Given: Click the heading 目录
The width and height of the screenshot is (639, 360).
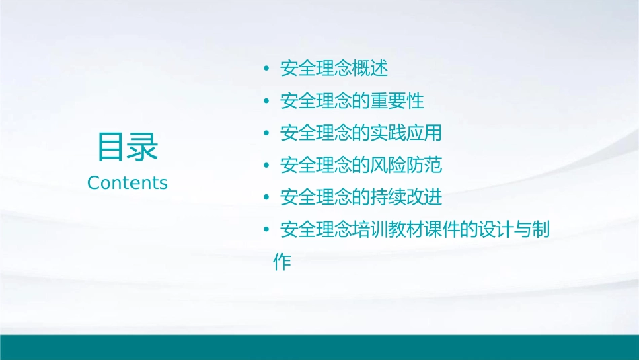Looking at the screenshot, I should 128,147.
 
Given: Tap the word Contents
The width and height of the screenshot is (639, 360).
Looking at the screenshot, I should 128,183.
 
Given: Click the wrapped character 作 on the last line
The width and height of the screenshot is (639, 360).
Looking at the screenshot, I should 283,262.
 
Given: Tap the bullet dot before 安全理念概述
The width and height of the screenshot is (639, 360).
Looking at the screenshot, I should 267,69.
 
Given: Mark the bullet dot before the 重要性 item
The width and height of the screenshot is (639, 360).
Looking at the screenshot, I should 267,102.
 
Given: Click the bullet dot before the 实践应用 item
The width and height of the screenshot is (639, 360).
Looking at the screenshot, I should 267,134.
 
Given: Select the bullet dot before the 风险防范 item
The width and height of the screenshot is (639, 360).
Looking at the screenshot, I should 267,166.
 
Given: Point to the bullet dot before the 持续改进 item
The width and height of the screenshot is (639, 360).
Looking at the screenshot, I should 267,199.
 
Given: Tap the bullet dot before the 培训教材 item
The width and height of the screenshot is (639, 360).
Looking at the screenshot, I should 267,231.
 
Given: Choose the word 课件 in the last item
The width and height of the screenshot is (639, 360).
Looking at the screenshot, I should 442,230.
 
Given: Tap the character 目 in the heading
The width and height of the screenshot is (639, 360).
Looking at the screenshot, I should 112,147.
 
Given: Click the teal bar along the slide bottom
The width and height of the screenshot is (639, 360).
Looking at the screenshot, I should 319,347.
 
